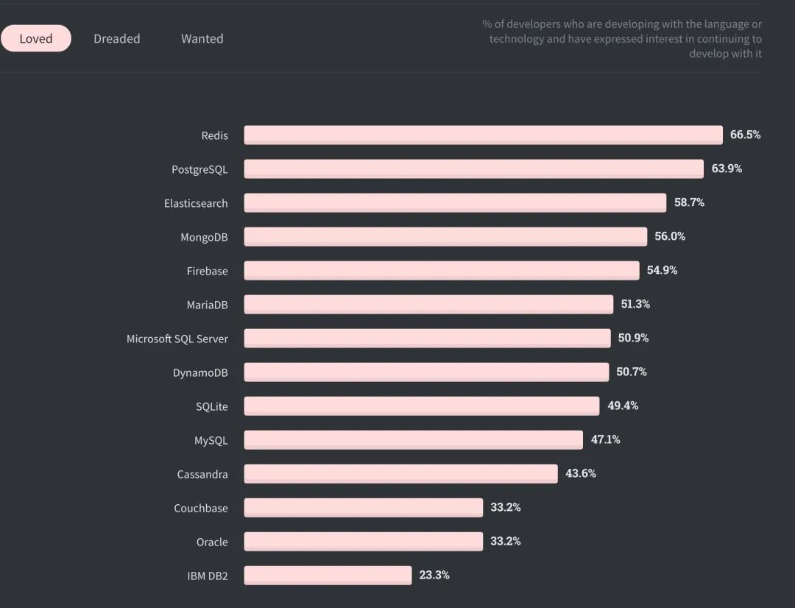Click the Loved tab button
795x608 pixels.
pos(36,38)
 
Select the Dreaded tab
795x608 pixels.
pos(116,38)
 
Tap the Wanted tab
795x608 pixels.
pos(202,38)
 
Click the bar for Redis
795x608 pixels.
pos(483,135)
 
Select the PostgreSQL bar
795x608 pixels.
pos(473,169)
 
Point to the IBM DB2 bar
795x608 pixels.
pos(328,576)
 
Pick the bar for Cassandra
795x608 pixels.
pos(400,473)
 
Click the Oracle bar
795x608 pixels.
pos(363,542)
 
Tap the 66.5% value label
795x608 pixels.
pos(745,135)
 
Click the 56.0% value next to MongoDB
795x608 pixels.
pos(670,236)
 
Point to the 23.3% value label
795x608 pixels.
pos(434,575)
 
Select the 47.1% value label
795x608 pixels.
pos(605,439)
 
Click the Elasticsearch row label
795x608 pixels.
pos(196,203)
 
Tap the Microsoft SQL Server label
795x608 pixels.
pos(177,339)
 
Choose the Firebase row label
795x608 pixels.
pos(207,272)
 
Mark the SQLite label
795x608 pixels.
pos(211,407)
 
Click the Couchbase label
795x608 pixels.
pos(201,508)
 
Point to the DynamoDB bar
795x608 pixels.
pos(426,372)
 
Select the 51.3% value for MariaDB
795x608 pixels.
pos(635,304)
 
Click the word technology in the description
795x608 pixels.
pos(516,39)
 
